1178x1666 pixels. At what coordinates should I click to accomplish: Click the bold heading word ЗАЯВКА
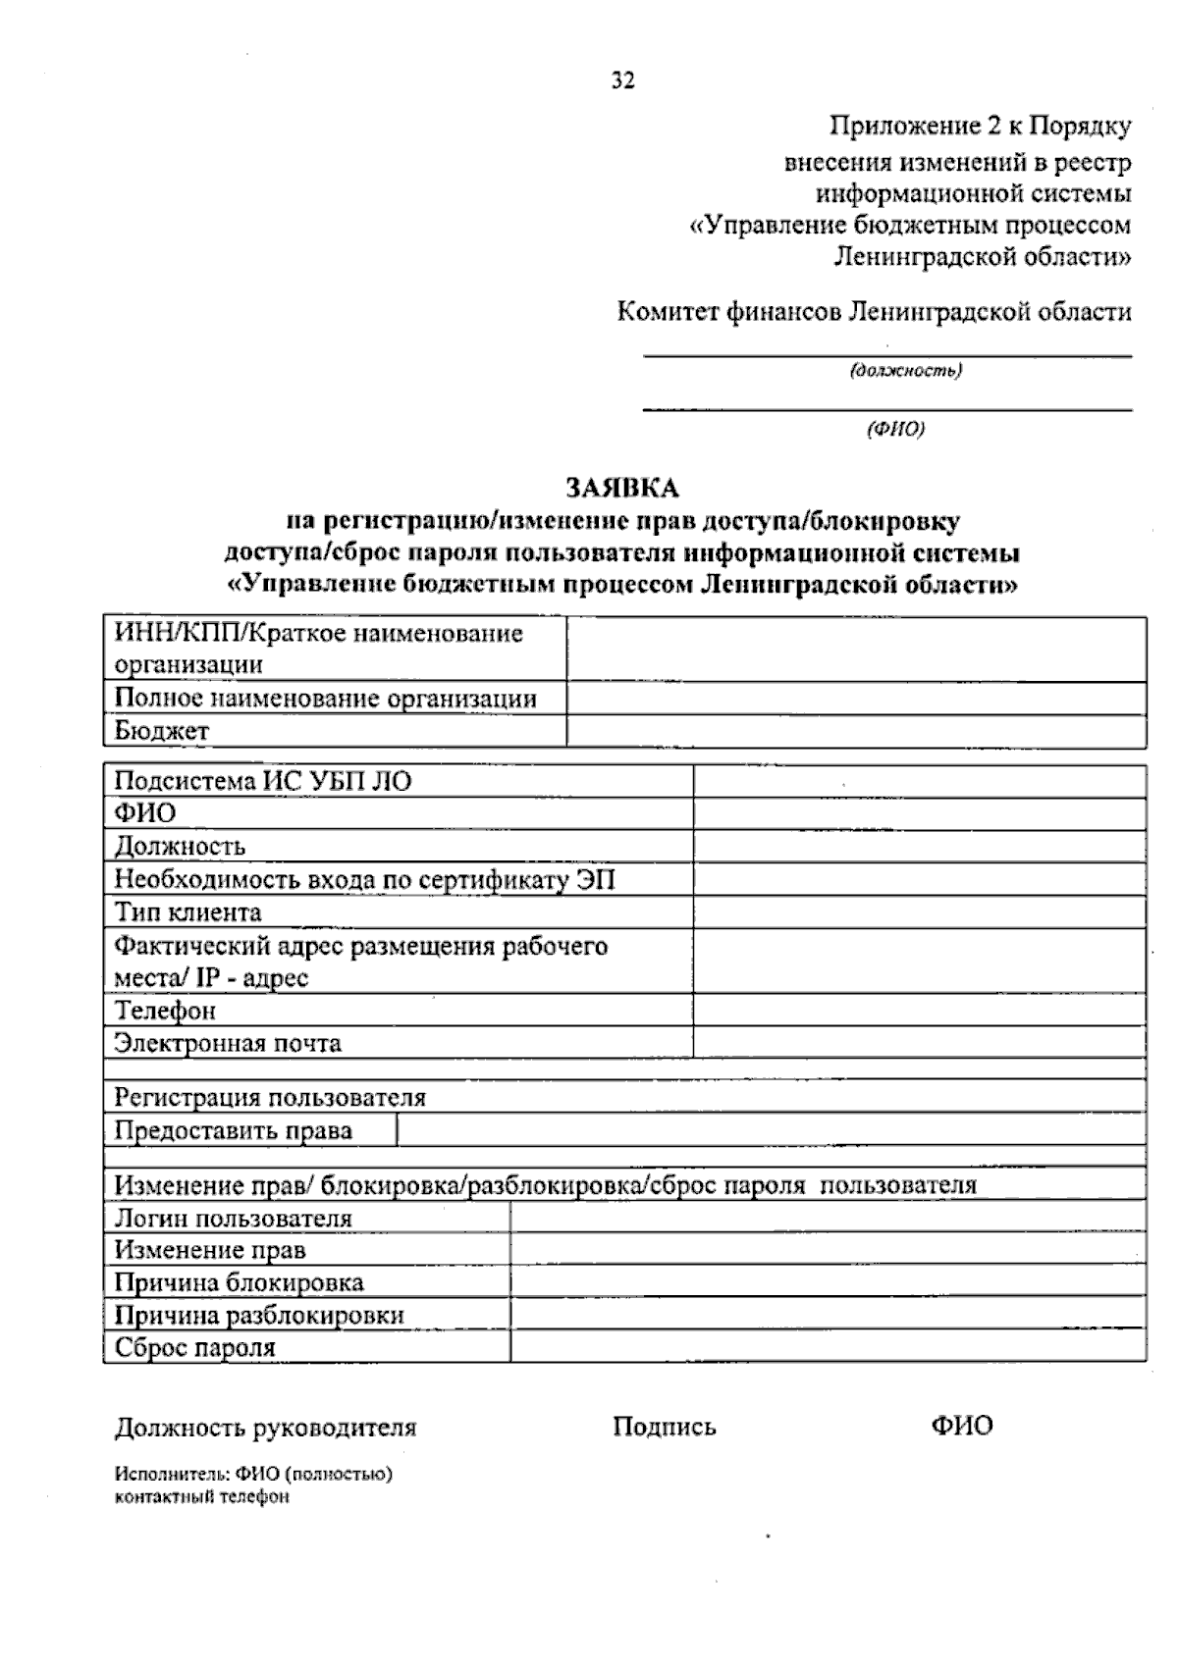[x=621, y=488]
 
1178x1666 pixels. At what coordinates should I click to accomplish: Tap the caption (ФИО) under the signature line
[x=895, y=429]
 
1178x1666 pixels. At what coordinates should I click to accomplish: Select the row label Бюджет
[x=162, y=731]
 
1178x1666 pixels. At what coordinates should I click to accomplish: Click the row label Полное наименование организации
[x=326, y=699]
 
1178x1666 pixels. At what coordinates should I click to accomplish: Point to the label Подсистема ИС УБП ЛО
[x=263, y=781]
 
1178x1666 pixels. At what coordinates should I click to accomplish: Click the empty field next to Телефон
[x=919, y=1011]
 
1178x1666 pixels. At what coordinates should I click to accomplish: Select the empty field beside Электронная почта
[x=919, y=1043]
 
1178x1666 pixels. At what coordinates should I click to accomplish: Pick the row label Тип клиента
[x=188, y=912]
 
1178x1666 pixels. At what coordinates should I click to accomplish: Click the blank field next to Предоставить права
[x=771, y=1131]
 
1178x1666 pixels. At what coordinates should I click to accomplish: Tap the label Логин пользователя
[x=234, y=1219]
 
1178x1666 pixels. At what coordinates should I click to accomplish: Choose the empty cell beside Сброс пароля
[x=828, y=1348]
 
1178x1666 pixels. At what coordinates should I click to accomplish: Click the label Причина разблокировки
[x=259, y=1316]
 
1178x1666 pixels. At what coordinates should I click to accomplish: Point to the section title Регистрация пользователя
[x=271, y=1097]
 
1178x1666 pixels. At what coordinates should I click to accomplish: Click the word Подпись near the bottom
[x=665, y=1427]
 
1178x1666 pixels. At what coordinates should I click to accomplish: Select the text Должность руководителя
[x=266, y=1428]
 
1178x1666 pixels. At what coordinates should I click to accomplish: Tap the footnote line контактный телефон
[x=202, y=1497]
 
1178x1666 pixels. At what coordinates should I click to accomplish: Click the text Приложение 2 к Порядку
[x=981, y=127]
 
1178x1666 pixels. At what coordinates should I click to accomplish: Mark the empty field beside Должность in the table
[x=919, y=847]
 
